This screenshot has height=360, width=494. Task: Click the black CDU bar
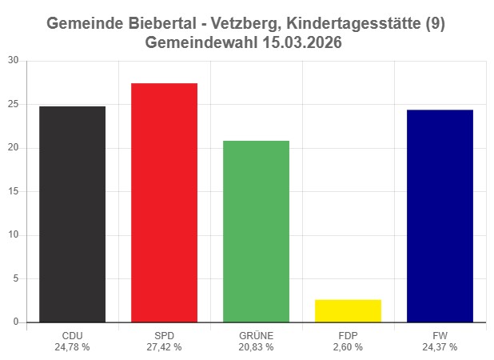72,214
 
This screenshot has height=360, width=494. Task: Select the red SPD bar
164,203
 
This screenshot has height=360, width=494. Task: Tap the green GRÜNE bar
256,232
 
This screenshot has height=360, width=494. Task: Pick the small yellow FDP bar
348,311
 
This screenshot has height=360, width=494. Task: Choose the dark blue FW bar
440,216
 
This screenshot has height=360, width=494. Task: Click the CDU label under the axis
72,336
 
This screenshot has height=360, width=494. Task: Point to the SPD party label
164,336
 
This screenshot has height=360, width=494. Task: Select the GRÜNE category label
256,336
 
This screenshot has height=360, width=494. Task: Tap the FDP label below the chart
348,336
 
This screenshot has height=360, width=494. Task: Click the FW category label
440,336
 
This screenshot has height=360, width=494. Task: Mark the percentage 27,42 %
164,347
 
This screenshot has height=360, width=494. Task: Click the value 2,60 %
348,347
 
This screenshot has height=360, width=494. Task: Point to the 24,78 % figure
72,347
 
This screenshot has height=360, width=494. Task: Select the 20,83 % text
256,347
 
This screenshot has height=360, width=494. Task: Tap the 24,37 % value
440,347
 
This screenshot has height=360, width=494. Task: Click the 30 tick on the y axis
13,61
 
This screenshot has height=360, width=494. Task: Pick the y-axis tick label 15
13,191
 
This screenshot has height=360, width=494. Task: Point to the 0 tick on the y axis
15,322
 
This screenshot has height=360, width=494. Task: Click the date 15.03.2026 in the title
301,43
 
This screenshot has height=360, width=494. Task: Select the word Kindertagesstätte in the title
359,24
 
